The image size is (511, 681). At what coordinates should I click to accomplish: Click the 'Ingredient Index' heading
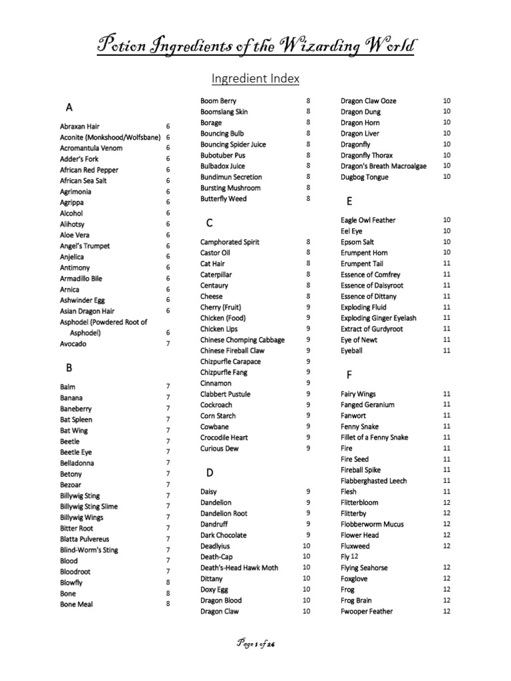tap(255, 78)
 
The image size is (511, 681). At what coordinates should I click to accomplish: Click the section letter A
tap(69, 107)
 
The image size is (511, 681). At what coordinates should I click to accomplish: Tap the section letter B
tap(69, 367)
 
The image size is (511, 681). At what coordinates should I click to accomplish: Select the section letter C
tap(210, 223)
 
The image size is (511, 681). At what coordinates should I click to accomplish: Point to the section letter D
tap(210, 473)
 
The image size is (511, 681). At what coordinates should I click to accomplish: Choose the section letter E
tap(349, 201)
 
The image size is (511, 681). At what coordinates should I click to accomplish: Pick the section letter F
tap(349, 375)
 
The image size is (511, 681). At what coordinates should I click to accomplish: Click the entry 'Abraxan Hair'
tap(80, 126)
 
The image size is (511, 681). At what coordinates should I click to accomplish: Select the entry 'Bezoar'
tap(71, 485)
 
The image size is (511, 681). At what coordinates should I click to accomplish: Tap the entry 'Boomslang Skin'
tap(224, 112)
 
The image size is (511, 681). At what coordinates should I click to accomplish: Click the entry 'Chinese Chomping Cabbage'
tap(242, 340)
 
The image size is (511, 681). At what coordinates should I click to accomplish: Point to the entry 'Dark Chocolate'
tap(224, 535)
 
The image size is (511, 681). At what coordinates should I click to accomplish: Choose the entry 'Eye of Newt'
tap(359, 340)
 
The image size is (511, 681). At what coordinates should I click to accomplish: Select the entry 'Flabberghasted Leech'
tap(373, 481)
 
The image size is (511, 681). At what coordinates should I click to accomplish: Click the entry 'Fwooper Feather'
tap(367, 611)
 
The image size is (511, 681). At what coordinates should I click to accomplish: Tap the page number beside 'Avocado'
tap(168, 344)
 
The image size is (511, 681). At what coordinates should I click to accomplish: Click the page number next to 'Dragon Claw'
tap(307, 611)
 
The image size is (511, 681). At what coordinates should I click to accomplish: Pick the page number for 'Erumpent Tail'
tap(446, 263)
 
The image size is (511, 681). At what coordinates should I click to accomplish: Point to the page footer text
tap(255, 644)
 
